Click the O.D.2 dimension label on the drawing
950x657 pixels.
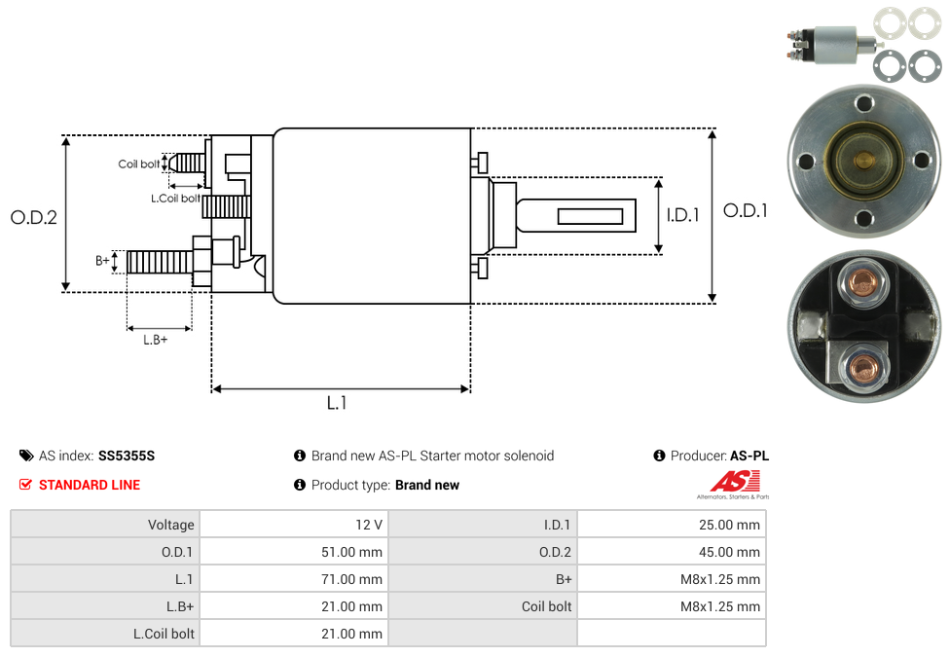point(34,217)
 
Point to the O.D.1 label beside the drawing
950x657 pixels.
point(746,210)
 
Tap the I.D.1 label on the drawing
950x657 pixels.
point(682,215)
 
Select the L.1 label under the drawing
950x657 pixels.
point(337,403)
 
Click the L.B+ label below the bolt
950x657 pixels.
point(156,340)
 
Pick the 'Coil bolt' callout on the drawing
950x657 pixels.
point(139,164)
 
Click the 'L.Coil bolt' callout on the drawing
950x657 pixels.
point(175,199)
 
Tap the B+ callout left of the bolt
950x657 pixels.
point(102,261)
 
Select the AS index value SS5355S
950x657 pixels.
point(127,456)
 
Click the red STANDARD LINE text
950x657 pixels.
point(90,485)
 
